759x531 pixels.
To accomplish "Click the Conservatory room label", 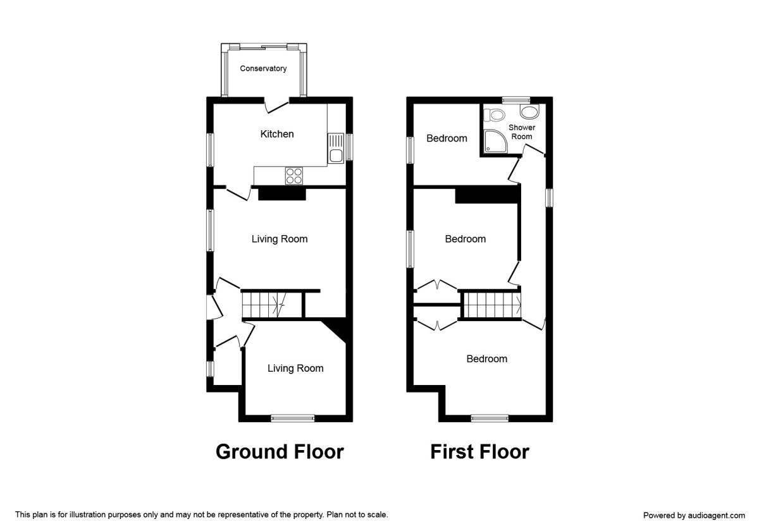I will tap(263, 68).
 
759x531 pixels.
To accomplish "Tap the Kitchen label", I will tap(277, 134).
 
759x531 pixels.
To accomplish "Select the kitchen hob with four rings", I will tap(293, 175).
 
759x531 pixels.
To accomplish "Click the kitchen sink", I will tap(335, 148).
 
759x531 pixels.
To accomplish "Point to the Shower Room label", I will tap(522, 132).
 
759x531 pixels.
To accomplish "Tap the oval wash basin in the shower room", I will tap(529, 112).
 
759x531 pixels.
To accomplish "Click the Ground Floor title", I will tap(280, 451).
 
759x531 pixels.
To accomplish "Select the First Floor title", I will tap(479, 451).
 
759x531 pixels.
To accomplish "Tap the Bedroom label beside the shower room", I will tap(447, 138).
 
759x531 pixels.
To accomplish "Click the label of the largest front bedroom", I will tap(486, 358).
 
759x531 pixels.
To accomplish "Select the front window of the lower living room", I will tap(293, 417).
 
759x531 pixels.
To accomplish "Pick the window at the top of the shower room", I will tap(516, 99).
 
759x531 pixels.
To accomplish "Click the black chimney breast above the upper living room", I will tap(282, 193).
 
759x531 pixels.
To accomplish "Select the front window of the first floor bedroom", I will tap(490, 417).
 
